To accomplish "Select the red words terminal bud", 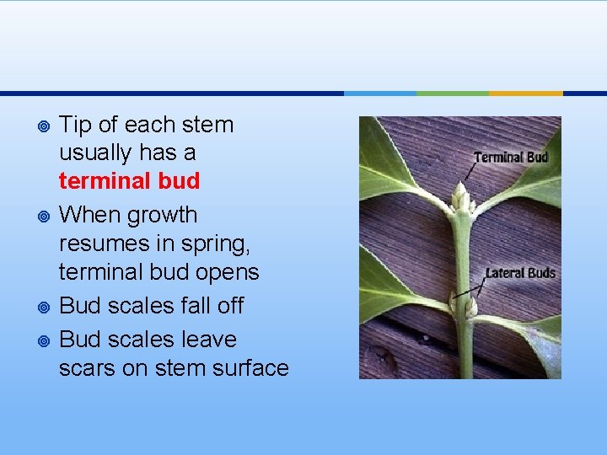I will (129, 181).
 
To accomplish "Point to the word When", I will (86, 216).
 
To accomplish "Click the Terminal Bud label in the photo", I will (511, 158).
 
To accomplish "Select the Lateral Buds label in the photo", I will (519, 273).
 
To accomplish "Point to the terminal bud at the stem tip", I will (459, 199).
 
